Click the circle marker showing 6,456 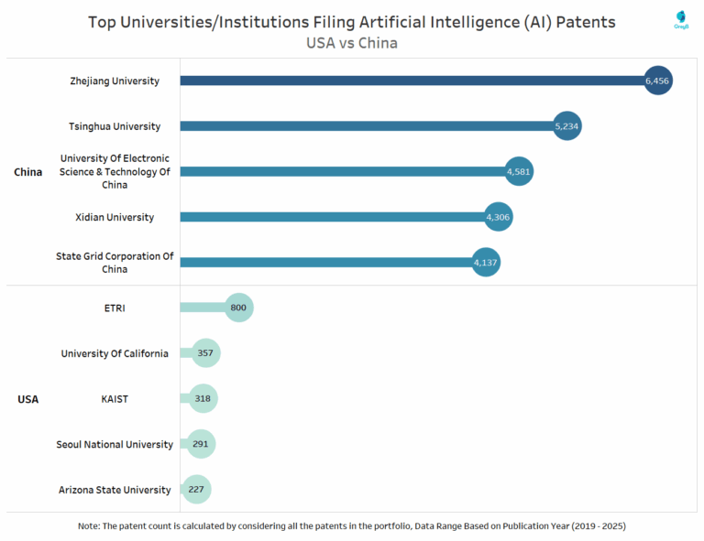coord(658,81)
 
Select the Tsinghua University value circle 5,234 coord(566,126)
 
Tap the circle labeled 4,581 coord(518,171)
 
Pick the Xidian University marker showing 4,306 coord(498,217)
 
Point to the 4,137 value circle coord(486,263)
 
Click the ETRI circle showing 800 coord(238,308)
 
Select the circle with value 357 coord(206,353)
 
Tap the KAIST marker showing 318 coord(203,398)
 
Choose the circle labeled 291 coord(201,444)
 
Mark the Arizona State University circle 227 coord(196,489)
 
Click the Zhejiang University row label coord(115,81)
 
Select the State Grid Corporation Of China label coord(115,263)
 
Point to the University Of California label coord(115,353)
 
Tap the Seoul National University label coord(115,444)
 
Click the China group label coord(27,172)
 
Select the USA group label coord(27,399)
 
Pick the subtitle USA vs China coord(352,42)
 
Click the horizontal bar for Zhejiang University coord(412,81)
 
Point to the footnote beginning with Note coord(352,526)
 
